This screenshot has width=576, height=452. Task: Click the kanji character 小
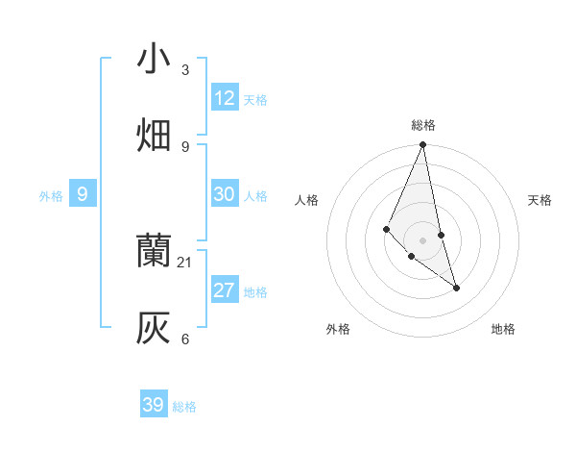coord(154,59)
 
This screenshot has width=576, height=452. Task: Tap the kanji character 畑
coord(154,136)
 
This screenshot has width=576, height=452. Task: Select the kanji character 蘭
coord(154,251)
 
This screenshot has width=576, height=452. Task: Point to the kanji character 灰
coord(154,328)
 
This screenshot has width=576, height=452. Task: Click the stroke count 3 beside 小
coord(185,69)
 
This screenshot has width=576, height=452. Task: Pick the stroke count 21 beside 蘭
coord(185,262)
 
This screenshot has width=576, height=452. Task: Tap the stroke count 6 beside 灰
coord(185,339)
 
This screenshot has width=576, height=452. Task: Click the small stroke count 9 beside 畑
coord(185,146)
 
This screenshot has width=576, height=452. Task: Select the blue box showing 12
coord(225,98)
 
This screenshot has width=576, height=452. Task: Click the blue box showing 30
coord(225,194)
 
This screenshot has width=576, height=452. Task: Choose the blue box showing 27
coord(225,290)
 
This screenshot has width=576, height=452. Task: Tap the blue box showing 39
coord(154,405)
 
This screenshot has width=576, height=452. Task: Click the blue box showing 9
coord(83,194)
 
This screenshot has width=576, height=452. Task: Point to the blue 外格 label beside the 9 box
coord(51,196)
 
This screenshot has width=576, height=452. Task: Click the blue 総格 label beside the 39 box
coord(184,407)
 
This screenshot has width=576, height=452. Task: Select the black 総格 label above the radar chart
coord(423,125)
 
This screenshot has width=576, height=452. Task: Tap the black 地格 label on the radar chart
coord(503,329)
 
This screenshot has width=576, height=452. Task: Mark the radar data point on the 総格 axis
coord(423,145)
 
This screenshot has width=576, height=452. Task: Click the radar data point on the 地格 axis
coord(456,288)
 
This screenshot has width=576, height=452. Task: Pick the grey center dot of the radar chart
coord(423,239)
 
